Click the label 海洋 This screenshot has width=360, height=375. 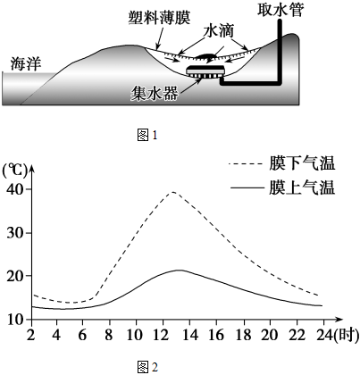(26, 63)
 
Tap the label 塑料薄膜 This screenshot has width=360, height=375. (160, 18)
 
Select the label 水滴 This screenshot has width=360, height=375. (219, 30)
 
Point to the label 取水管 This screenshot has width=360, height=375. (280, 9)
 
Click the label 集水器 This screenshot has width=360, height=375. (155, 94)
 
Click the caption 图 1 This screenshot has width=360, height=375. (147, 136)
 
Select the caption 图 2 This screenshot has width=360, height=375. (147, 367)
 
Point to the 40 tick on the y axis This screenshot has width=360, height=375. (15, 190)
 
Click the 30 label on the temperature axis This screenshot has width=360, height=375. (15, 233)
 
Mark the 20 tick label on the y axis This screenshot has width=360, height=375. (15, 276)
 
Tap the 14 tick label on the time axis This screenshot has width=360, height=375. (190, 335)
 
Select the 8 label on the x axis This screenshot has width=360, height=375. (109, 335)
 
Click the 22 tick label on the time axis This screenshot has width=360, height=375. (297, 335)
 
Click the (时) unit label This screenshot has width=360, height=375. (346, 336)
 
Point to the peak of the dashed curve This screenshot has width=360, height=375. (172, 192)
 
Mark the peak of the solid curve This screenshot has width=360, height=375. (180, 270)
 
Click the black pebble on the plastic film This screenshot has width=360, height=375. (206, 55)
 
